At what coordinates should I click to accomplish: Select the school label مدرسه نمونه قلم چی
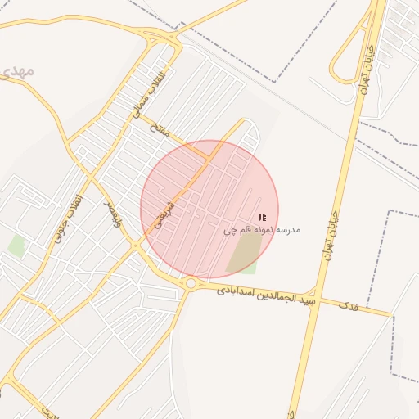[263, 230]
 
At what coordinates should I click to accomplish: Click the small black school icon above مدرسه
[262, 217]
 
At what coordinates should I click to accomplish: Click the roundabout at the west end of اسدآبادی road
[191, 283]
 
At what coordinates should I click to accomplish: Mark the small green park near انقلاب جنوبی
[16, 246]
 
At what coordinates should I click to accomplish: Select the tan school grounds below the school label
[242, 256]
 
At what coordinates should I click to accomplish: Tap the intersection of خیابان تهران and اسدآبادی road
[316, 295]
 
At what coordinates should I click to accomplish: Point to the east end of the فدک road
[390, 313]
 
